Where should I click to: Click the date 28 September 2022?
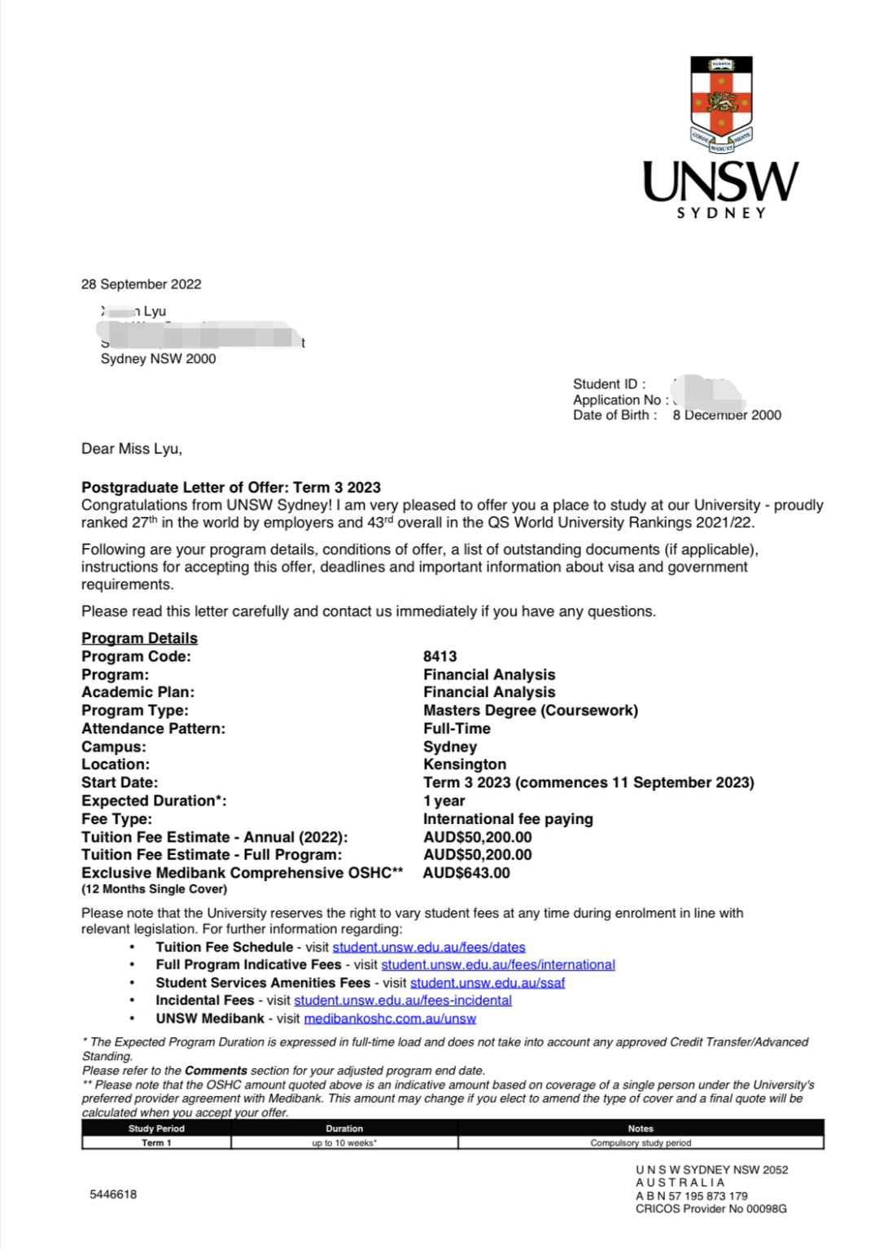click(141, 284)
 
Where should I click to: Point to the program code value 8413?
click(439, 656)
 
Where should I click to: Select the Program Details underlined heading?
click(139, 638)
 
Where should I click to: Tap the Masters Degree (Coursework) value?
click(530, 710)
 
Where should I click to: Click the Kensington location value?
click(464, 765)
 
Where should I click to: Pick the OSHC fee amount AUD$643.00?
click(466, 873)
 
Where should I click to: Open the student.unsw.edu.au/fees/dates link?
click(429, 947)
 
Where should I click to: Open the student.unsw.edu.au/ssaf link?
click(487, 983)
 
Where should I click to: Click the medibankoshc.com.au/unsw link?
click(390, 1019)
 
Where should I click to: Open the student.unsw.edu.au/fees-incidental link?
click(403, 1001)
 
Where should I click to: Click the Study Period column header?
click(156, 1128)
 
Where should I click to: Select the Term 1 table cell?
click(156, 1143)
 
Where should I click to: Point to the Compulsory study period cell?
click(641, 1143)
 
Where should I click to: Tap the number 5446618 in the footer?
click(113, 1194)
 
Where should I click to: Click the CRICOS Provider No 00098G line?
click(711, 1209)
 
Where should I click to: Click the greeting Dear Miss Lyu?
click(132, 449)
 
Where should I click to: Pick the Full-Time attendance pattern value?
click(457, 729)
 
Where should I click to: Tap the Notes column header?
click(641, 1128)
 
